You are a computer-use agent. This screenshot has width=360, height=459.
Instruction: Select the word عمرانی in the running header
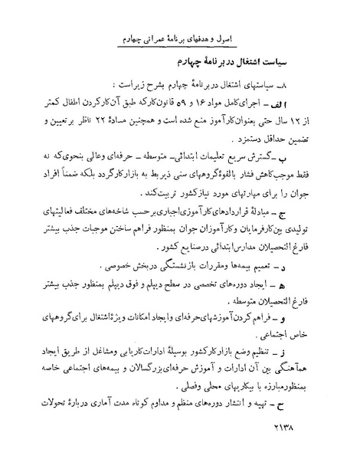[191, 38]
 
